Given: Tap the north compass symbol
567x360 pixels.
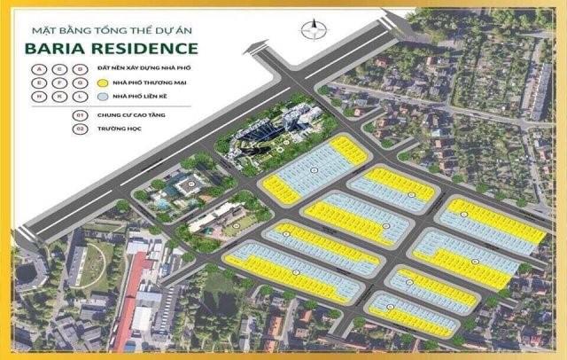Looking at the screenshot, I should coord(311,28).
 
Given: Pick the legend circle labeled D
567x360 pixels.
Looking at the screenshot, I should coord(80,69).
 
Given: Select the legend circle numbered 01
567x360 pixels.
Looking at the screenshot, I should coord(79,115).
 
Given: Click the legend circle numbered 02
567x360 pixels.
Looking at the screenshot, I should coord(79,129).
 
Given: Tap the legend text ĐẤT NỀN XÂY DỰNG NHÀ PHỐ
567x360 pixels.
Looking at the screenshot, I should coord(145,68).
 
